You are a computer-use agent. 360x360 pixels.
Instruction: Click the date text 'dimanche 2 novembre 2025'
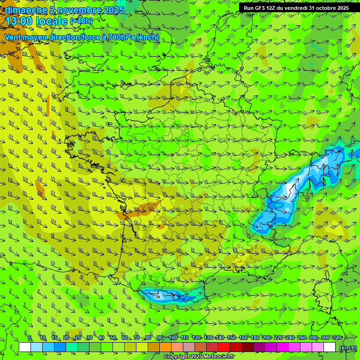point(65,10)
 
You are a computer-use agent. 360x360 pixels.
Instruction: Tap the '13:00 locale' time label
point(36,21)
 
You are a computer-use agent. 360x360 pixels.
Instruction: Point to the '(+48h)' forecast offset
point(81,21)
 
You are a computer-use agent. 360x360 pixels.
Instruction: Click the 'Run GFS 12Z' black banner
point(296,8)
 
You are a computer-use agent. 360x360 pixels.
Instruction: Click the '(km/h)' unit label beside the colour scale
point(347,348)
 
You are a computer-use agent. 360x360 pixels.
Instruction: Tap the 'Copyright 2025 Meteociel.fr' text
point(199,357)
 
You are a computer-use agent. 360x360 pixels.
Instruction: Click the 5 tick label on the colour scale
point(30,338)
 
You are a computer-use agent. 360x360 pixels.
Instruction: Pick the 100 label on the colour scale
point(172,338)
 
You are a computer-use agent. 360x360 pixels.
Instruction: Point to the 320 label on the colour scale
point(337,338)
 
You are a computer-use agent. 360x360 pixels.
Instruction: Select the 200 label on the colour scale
point(266,338)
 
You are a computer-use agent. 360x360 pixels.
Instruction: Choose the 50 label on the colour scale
point(112,338)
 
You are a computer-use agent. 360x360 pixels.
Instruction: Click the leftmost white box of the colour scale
point(25,347)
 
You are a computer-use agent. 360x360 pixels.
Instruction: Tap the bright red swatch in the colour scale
point(224,347)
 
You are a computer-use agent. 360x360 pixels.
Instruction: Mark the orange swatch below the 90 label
point(165,347)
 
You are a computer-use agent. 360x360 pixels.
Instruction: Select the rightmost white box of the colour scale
point(330,347)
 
